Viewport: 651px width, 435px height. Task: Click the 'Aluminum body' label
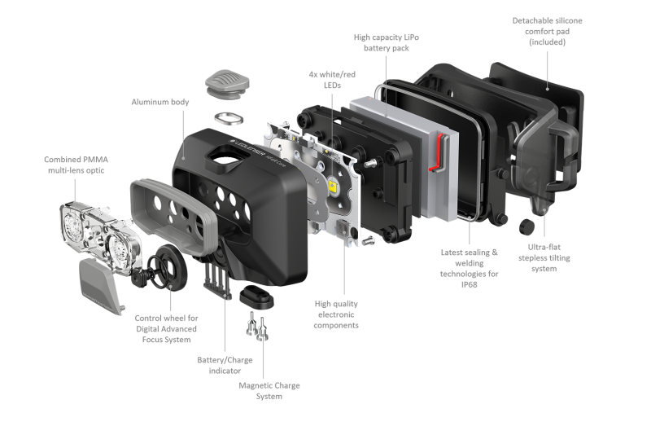160,102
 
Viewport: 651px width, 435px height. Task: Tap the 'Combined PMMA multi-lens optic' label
76,165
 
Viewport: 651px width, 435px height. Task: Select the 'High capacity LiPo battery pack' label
386,42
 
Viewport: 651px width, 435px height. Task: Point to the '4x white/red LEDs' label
332,80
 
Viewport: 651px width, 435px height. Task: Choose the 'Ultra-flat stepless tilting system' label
544,257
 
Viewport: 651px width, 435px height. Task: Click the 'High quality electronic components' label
336,314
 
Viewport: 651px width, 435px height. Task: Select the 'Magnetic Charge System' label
269,391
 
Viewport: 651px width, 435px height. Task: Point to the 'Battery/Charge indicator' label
225,365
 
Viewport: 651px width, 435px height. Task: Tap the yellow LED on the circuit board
333,186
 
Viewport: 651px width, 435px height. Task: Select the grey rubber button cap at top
227,84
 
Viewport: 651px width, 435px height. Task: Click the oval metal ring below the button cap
229,118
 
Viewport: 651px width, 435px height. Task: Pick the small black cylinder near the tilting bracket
526,226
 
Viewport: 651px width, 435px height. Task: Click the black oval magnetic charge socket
256,297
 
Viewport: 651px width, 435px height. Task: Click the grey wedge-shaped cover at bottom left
100,286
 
